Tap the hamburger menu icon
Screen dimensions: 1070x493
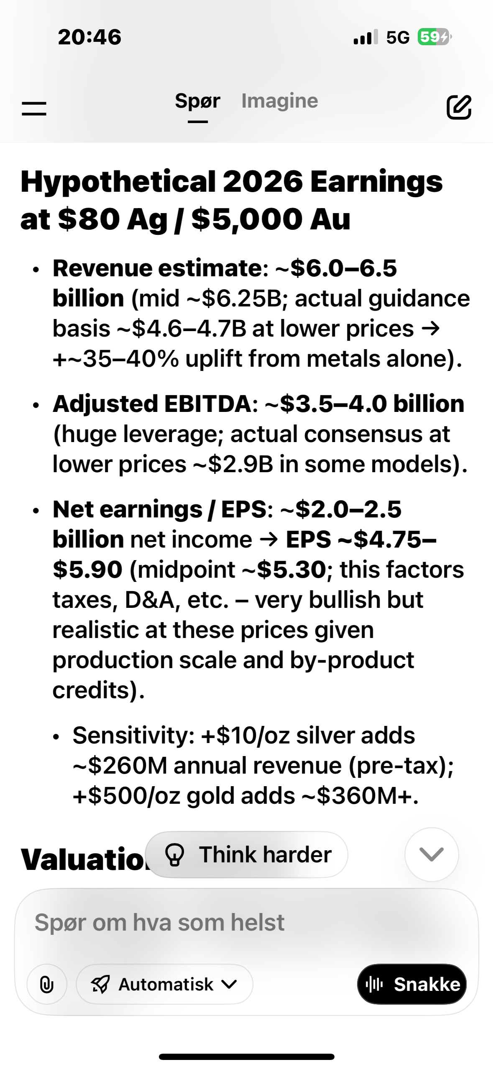34,108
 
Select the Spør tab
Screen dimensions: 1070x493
197,101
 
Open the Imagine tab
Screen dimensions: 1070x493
280,101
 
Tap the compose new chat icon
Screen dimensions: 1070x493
459,107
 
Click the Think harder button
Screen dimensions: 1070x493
247,854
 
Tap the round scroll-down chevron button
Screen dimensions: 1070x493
432,854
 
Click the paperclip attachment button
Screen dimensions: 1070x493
47,984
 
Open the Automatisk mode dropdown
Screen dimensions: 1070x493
164,984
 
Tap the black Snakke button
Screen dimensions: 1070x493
412,984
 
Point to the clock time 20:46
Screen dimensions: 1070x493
89,37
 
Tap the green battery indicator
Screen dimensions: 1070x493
434,37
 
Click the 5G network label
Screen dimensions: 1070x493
398,38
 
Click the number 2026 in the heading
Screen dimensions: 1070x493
263,182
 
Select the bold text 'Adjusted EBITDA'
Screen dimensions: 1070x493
152,404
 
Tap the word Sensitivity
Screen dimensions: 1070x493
130,736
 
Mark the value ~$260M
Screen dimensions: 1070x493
120,766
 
